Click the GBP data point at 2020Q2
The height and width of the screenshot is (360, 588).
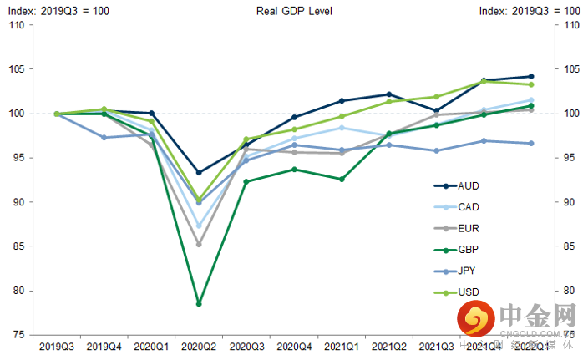(199, 304)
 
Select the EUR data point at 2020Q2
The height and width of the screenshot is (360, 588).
(199, 244)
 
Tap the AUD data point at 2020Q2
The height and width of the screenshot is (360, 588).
(199, 173)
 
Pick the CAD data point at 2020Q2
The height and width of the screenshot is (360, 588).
(199, 226)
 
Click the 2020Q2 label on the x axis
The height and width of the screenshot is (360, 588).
(199, 345)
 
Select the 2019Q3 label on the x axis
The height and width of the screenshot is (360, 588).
(56, 345)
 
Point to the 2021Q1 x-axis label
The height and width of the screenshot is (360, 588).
(342, 345)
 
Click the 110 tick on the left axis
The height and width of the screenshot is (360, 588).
(16, 25)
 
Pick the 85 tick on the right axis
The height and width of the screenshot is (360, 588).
(571, 246)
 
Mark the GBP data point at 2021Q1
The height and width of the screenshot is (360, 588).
(342, 179)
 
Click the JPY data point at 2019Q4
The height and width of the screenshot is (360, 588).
(104, 137)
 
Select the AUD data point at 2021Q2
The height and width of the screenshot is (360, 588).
(390, 94)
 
